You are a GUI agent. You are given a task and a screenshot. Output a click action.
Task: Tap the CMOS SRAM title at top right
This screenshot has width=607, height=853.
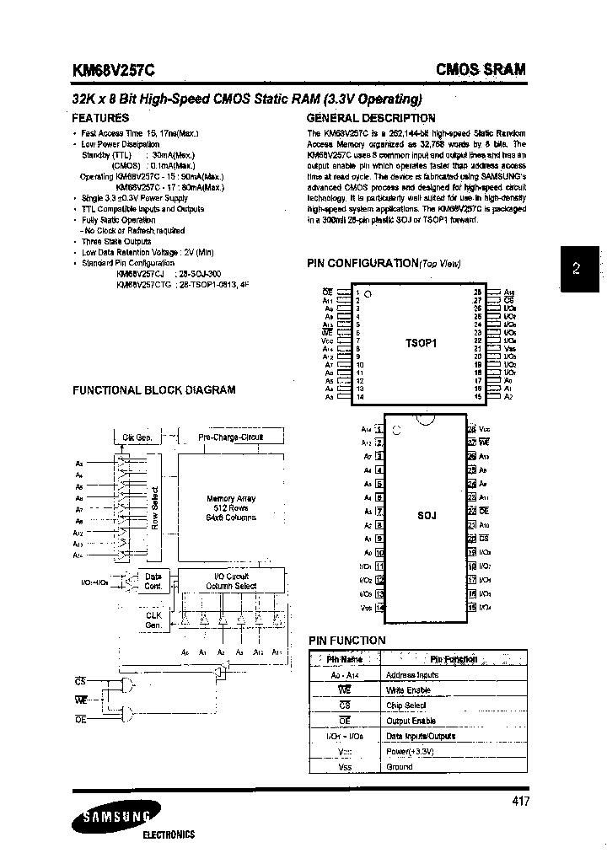[x=480, y=70]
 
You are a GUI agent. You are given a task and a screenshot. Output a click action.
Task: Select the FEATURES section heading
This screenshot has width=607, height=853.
[x=100, y=118]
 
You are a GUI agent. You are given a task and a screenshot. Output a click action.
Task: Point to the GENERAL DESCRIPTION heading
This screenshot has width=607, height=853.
[x=371, y=118]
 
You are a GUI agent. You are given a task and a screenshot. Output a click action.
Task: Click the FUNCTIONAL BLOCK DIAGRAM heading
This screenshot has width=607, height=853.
[x=153, y=390]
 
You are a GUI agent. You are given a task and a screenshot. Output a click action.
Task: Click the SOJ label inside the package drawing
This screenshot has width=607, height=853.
[x=426, y=515]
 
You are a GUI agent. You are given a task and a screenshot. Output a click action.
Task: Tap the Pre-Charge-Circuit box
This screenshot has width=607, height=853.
[x=230, y=437]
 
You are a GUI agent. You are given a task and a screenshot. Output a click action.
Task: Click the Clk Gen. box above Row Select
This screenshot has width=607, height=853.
[x=137, y=437]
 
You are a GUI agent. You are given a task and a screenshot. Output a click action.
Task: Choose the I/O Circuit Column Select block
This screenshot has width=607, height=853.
[x=230, y=581]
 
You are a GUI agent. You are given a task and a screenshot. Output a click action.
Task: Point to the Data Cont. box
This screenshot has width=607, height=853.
[x=153, y=581]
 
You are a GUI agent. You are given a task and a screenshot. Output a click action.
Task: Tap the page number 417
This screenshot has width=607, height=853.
[x=520, y=802]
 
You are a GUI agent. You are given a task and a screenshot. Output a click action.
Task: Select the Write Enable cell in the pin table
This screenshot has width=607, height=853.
[x=407, y=690]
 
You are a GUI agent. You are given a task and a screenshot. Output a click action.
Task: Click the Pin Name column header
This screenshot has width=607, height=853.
[x=344, y=660]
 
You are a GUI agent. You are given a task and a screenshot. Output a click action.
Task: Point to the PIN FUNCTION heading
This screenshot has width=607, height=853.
[x=346, y=641]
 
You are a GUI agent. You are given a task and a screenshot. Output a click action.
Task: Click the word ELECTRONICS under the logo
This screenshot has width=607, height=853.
[x=167, y=834]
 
